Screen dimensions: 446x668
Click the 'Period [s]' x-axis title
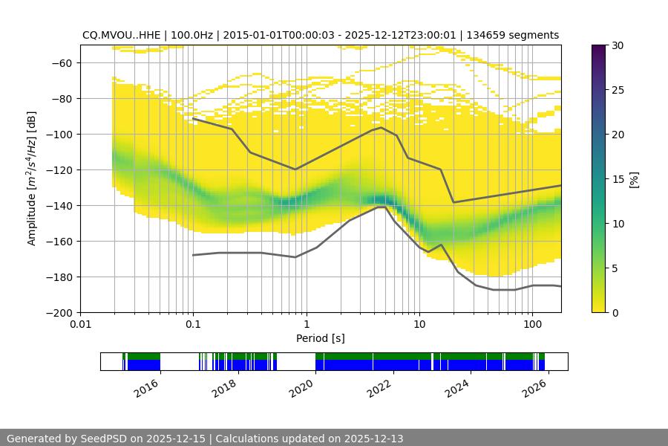coord(321,338)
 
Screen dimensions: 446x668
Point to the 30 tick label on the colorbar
coord(618,45)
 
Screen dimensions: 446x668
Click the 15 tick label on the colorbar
coord(618,178)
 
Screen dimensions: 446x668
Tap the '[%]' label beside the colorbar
coord(634,178)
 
